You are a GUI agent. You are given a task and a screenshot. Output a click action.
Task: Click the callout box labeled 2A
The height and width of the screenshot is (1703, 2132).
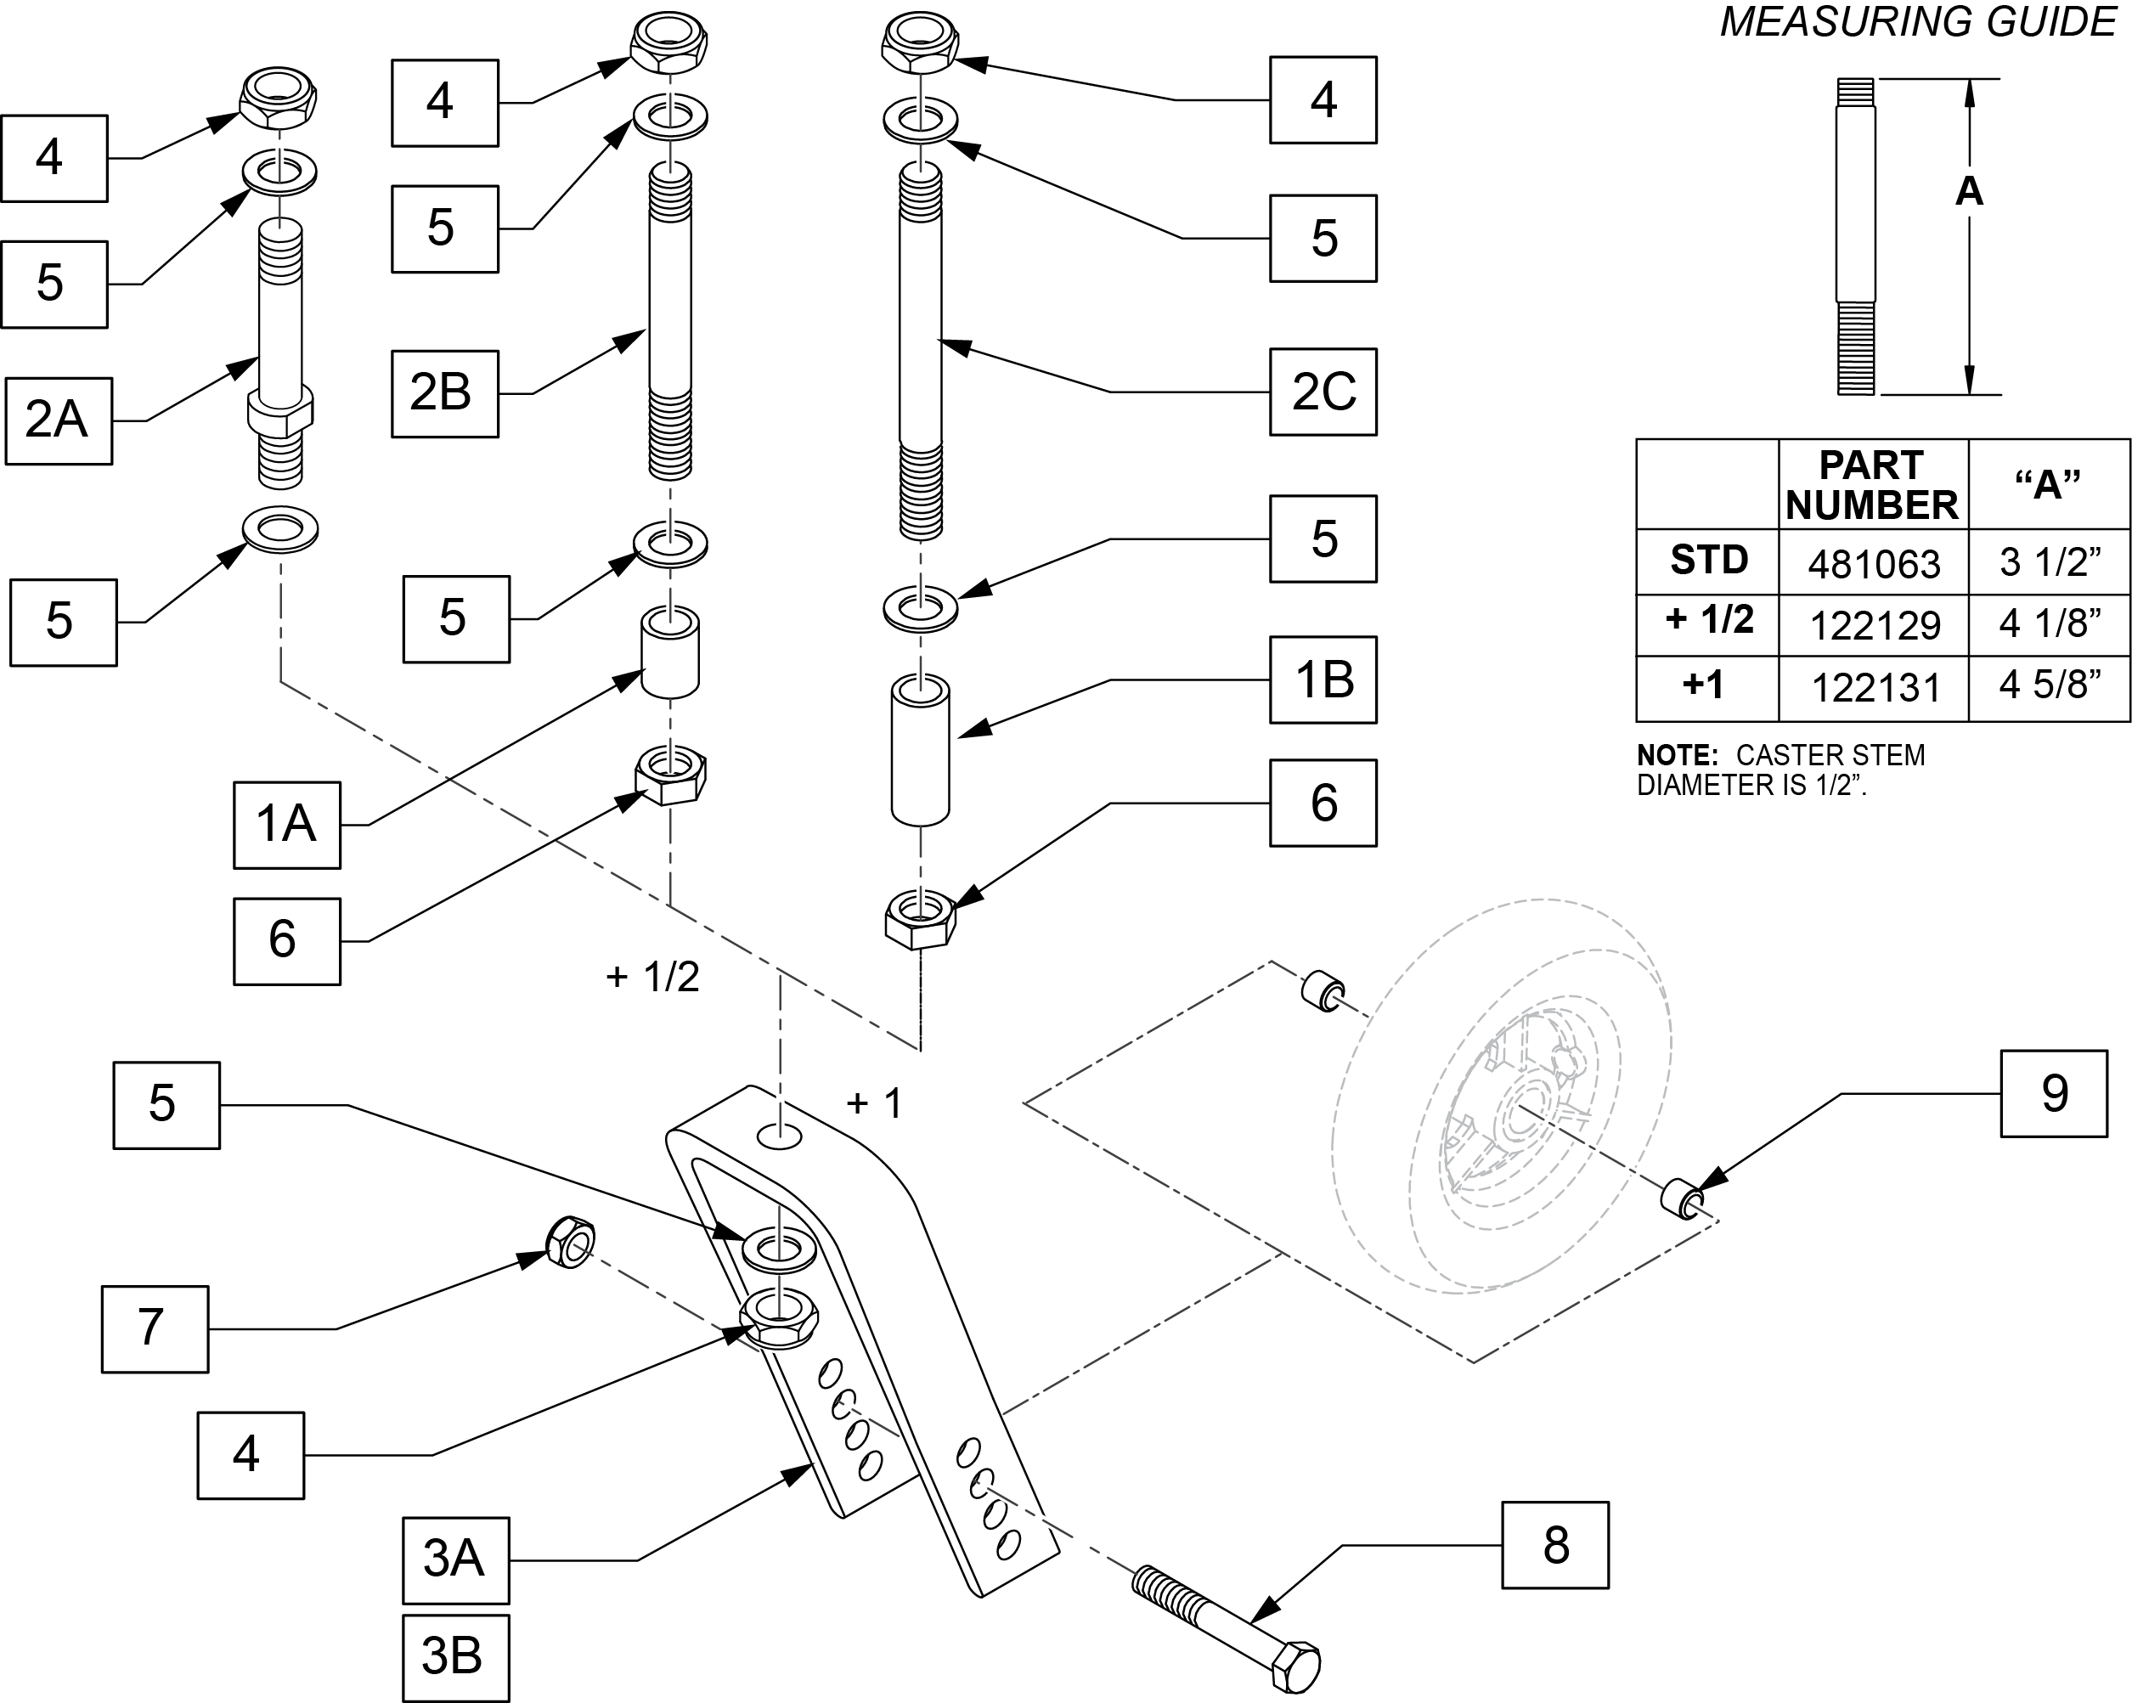(59, 420)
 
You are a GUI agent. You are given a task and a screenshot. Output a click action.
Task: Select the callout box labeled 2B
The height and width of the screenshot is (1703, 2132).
(444, 393)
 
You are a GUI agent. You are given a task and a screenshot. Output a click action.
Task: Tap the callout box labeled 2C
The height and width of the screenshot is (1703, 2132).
(1323, 392)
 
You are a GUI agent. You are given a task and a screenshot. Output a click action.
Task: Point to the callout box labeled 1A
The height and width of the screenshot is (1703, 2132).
(287, 825)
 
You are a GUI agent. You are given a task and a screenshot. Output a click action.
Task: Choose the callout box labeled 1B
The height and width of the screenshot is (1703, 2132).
(1323, 680)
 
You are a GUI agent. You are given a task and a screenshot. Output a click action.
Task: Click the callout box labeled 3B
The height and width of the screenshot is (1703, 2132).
(455, 1657)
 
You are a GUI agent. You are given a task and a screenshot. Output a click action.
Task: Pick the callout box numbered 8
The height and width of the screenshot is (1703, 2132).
(1555, 1545)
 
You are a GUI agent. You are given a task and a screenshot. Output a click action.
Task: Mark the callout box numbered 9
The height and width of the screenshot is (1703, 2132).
(2054, 1093)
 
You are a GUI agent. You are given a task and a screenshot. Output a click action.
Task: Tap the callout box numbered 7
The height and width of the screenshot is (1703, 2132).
(155, 1328)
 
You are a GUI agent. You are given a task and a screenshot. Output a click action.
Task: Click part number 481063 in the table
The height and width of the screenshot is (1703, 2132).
(1874, 564)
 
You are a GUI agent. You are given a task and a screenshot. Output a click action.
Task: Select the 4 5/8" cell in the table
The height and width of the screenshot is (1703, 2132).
(2049, 685)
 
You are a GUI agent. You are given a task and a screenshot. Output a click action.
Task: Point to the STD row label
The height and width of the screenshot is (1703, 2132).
(1708, 561)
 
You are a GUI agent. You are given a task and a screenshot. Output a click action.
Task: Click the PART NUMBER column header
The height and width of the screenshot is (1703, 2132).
(1872, 485)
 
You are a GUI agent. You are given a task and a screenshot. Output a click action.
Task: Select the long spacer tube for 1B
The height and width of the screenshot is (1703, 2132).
(921, 751)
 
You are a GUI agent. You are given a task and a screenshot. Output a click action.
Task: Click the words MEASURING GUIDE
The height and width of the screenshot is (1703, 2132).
(1916, 22)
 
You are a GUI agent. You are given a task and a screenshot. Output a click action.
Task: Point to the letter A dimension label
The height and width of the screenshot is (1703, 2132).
(1968, 191)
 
